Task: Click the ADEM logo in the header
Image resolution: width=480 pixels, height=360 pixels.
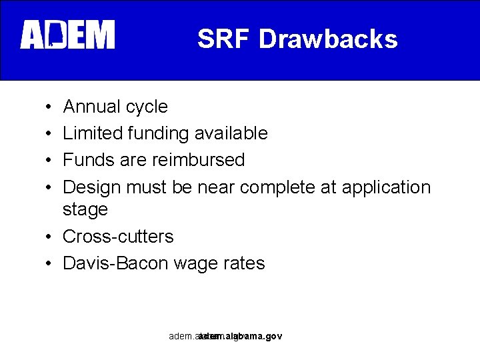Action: pos(67,35)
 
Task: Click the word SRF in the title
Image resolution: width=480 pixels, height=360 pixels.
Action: pos(223,39)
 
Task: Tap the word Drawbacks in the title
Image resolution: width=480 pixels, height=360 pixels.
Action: pos(328,39)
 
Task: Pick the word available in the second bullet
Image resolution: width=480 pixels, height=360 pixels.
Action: pos(231,133)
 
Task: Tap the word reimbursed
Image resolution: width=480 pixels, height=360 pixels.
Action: pos(199,160)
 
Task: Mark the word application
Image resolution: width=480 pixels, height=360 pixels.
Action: pos(386,187)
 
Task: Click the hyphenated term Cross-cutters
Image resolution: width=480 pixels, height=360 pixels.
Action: pos(118,237)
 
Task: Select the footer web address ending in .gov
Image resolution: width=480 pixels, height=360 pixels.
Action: pos(226,337)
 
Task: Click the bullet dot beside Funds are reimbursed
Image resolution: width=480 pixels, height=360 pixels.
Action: pos(50,161)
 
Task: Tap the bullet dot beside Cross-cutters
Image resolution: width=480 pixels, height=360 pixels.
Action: pos(50,237)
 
